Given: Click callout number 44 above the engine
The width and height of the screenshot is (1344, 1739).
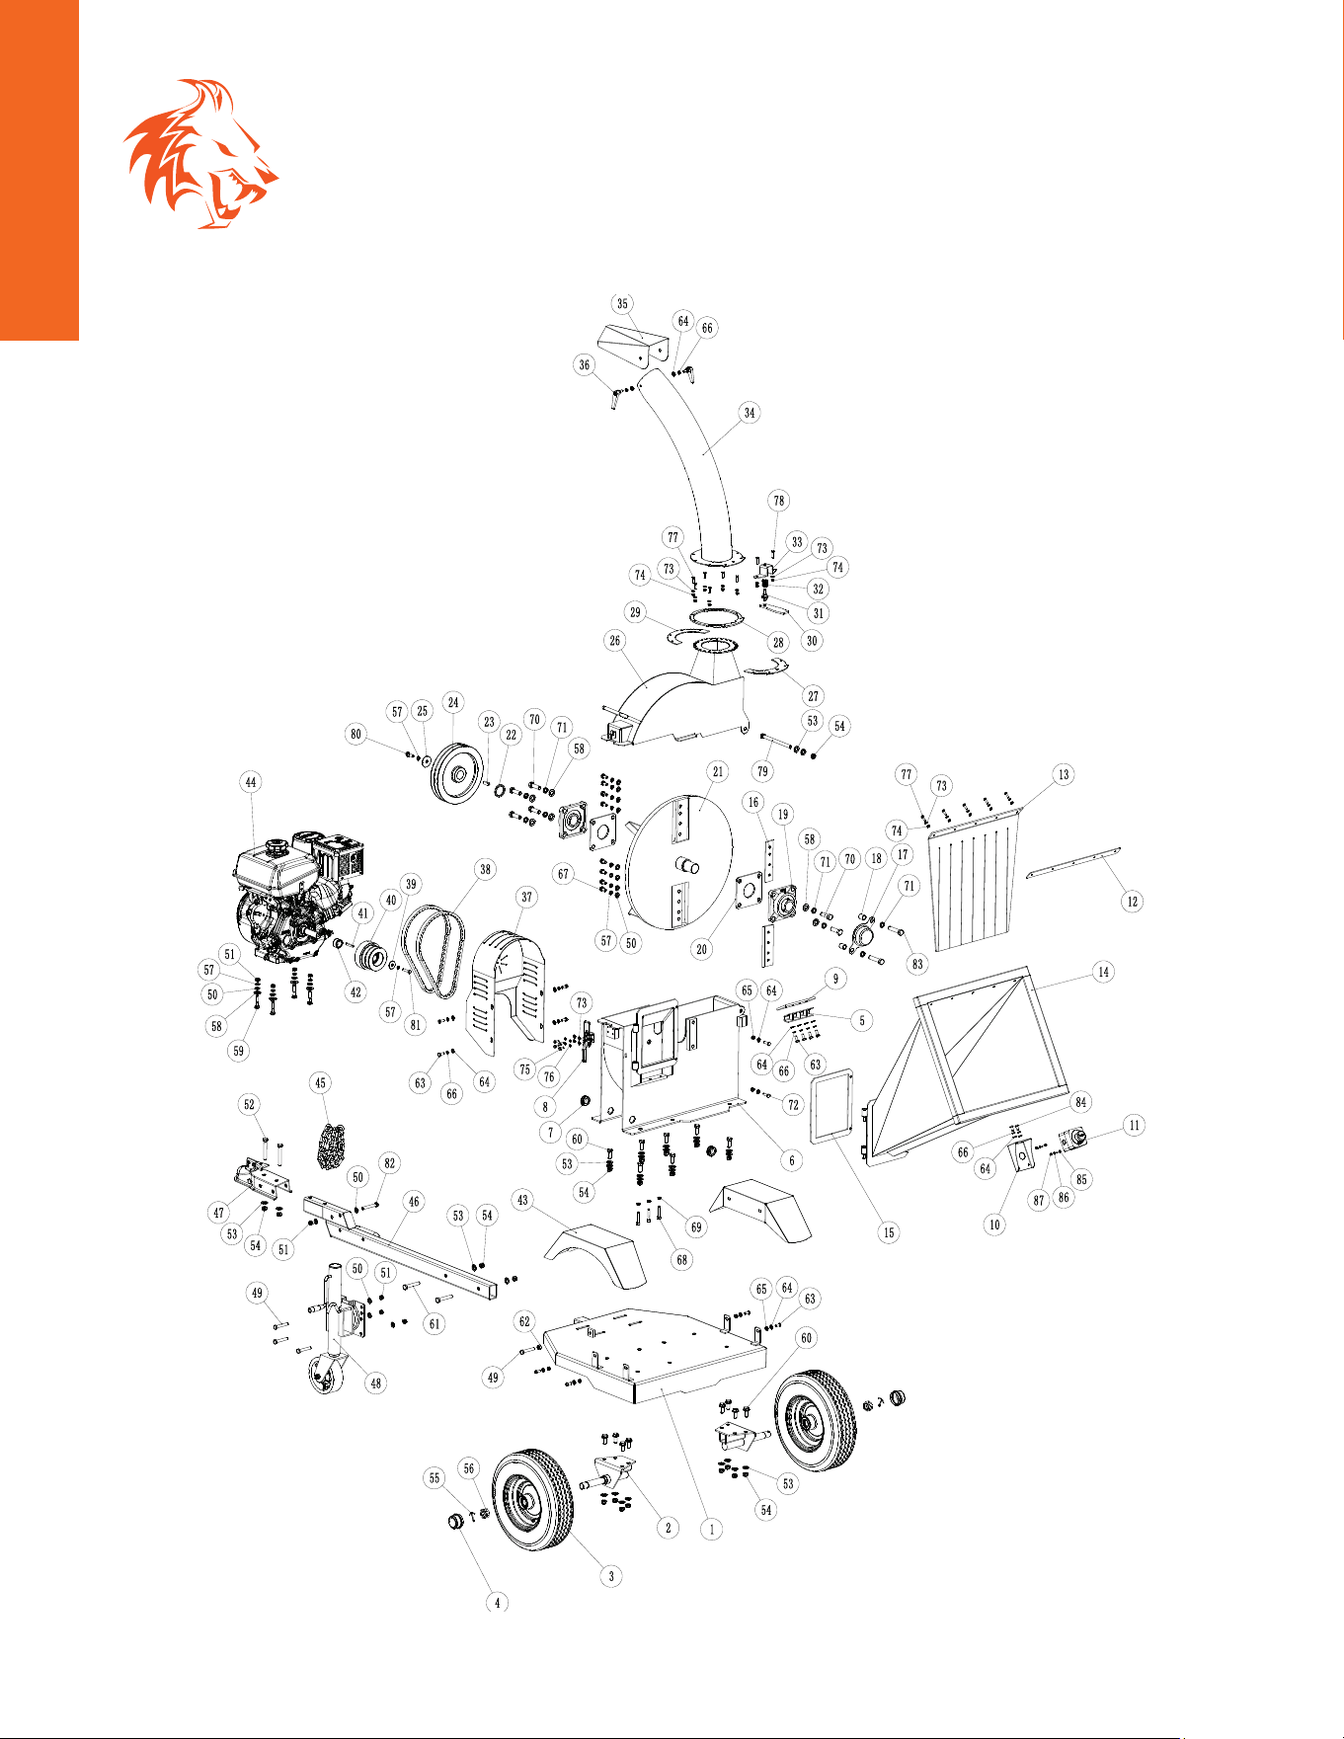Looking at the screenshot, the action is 251,782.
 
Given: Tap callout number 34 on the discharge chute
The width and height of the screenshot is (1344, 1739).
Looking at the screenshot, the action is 750,413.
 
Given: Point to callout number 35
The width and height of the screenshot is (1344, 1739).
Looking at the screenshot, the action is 622,304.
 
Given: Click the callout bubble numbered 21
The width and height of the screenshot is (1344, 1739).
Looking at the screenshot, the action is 718,771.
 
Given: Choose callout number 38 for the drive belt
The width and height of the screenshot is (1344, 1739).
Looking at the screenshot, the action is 485,870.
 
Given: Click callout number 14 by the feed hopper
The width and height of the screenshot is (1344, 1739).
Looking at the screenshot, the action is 1103,972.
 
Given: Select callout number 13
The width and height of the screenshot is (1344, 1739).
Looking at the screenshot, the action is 1064,774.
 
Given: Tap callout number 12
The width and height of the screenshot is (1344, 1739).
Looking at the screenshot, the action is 1133,901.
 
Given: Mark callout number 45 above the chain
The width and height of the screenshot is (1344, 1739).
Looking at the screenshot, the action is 320,1083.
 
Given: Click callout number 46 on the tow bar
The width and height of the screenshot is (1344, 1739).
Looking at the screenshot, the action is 414,1202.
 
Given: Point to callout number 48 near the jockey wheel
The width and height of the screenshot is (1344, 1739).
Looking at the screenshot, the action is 375,1383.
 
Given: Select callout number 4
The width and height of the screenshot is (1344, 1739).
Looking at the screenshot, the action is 497,1603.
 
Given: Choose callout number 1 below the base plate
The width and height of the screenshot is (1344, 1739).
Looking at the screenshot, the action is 711,1529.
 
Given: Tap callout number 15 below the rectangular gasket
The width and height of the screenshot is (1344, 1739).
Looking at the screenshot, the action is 889,1232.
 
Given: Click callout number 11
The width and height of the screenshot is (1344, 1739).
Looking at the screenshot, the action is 1135,1125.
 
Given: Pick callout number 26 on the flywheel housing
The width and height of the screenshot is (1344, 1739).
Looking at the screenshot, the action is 615,641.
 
